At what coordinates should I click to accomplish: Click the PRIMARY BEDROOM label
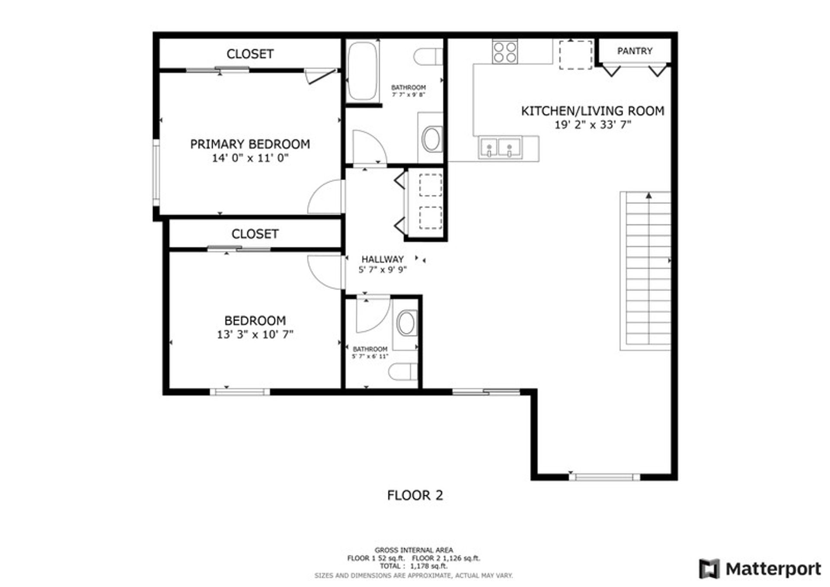pyautogui.click(x=250, y=144)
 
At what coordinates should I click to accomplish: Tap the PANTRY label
pyautogui.click(x=635, y=51)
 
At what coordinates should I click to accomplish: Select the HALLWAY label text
pyautogui.click(x=383, y=259)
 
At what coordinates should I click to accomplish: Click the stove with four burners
pyautogui.click(x=505, y=51)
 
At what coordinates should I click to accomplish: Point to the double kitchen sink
pyautogui.click(x=500, y=147)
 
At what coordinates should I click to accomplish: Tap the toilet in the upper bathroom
pyautogui.click(x=428, y=57)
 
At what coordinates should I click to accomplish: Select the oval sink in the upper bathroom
pyautogui.click(x=431, y=139)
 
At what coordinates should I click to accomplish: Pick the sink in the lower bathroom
pyautogui.click(x=406, y=323)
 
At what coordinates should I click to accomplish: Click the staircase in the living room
pyautogui.click(x=645, y=271)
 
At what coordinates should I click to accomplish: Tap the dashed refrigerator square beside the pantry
pyautogui.click(x=576, y=55)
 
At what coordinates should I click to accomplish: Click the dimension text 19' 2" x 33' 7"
pyautogui.click(x=593, y=125)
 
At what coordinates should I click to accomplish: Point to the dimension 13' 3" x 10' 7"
pyautogui.click(x=255, y=335)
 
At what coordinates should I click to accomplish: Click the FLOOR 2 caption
pyautogui.click(x=415, y=495)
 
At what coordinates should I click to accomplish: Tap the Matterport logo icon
pyautogui.click(x=709, y=569)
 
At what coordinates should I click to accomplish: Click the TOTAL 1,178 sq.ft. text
pyautogui.click(x=414, y=566)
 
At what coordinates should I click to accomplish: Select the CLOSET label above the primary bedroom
pyautogui.click(x=250, y=54)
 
